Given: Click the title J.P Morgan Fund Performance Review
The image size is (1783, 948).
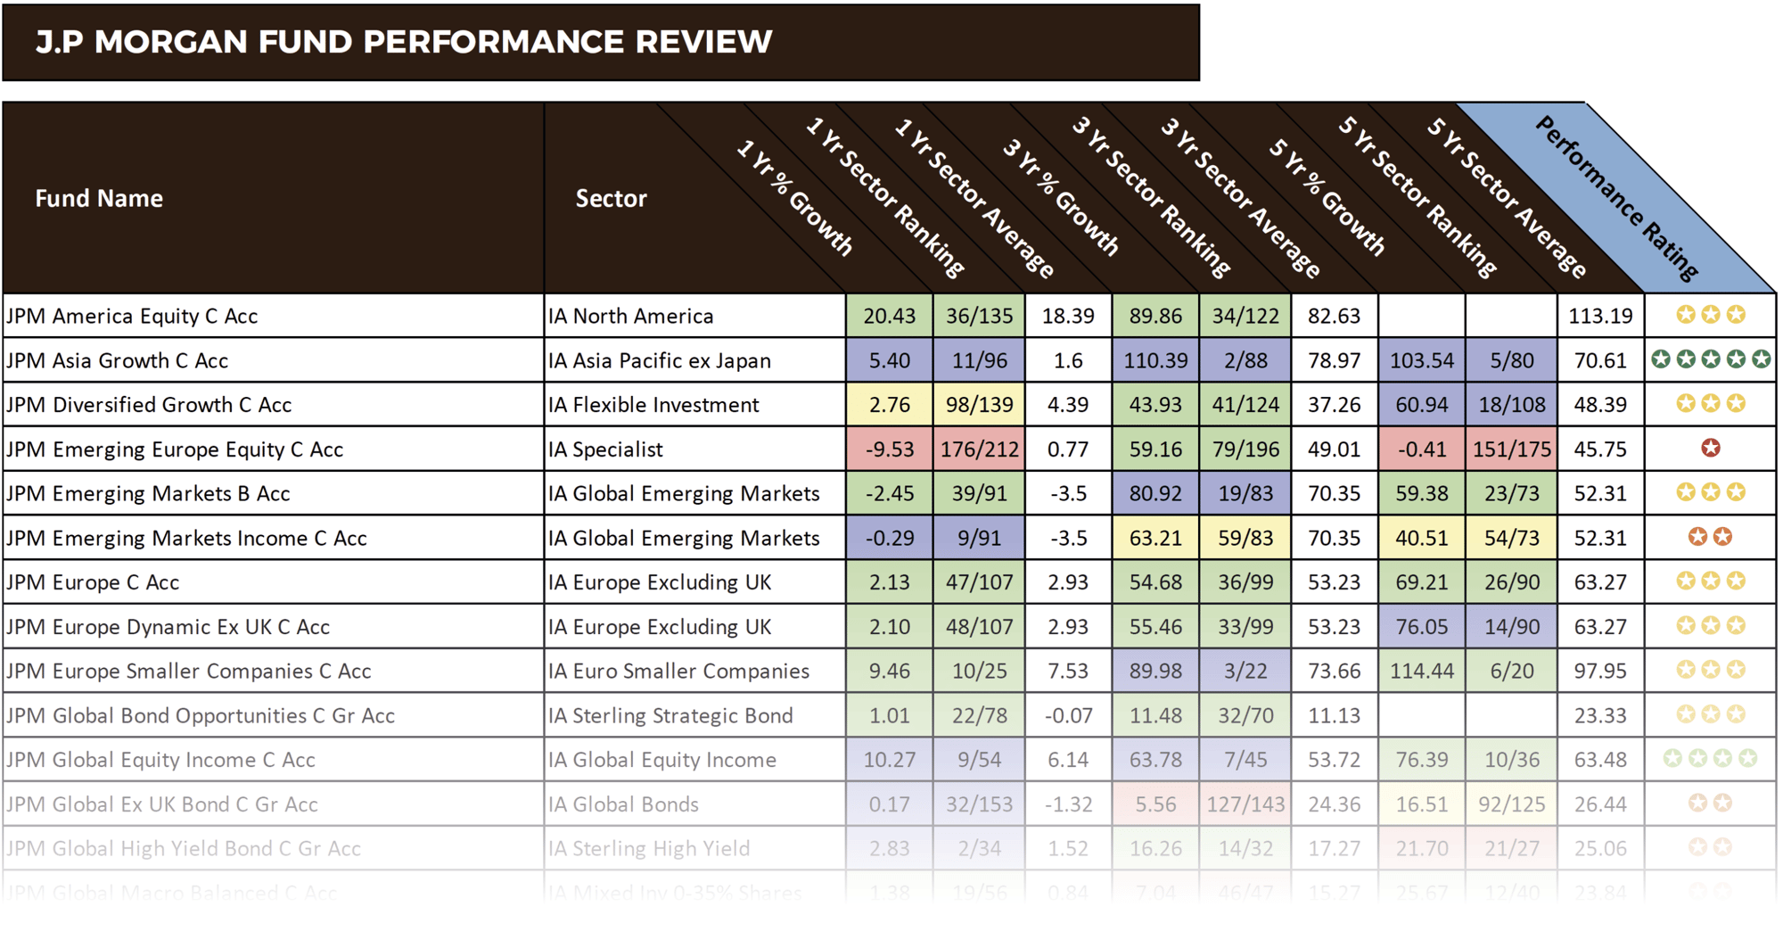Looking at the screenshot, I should (403, 42).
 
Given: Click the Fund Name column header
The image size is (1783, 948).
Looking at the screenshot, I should (99, 198).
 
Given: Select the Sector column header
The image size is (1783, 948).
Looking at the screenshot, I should (611, 198).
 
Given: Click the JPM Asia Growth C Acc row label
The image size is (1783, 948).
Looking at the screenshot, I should (117, 360).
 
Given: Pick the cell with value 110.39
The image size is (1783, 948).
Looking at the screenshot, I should (1155, 360).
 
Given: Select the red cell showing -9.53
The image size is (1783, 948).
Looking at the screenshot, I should (889, 449).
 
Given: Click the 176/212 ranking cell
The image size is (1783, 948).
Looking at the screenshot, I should (979, 449).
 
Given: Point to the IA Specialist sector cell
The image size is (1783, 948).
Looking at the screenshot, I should (605, 449).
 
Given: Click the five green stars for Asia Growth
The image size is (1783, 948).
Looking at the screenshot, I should (1710, 359).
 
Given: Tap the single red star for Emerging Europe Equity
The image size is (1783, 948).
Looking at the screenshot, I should (1710, 449).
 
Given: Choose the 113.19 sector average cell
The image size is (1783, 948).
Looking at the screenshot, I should (1600, 316).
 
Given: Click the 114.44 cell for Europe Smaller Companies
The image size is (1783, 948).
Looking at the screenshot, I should (1421, 671).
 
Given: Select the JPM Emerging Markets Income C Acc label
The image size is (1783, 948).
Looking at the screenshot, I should (186, 538).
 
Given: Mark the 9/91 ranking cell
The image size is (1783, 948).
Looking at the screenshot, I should (979, 538).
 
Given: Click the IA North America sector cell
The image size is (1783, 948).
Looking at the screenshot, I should (630, 316).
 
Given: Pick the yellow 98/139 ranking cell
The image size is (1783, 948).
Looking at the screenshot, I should (979, 405).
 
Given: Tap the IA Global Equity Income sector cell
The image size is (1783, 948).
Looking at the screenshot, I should (661, 760).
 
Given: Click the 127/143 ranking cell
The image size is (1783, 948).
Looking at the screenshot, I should (1245, 804).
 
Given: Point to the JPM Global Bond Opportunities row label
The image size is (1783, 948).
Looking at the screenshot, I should (200, 715).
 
